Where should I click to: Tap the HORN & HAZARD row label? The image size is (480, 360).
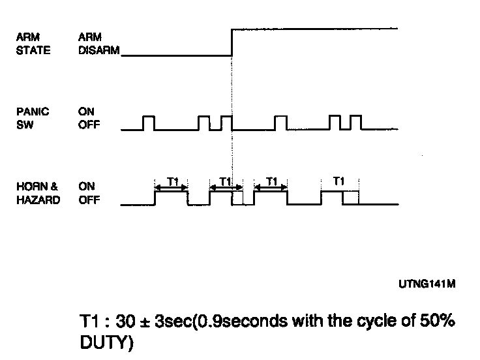(37, 194)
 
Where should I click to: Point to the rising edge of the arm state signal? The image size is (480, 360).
(232, 42)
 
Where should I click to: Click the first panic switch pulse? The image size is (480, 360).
(149, 123)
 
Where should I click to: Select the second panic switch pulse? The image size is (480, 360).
(204, 123)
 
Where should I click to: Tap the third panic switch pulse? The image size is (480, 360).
(226, 123)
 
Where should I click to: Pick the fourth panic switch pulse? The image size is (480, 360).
(280, 123)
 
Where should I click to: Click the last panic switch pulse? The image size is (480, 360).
(355, 123)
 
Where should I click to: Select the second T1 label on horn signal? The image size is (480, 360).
(225, 180)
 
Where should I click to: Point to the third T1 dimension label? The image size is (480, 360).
(273, 180)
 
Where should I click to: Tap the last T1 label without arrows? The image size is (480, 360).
(338, 180)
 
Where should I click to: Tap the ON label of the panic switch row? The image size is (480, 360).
(86, 112)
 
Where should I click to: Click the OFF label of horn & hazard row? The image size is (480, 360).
(89, 200)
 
